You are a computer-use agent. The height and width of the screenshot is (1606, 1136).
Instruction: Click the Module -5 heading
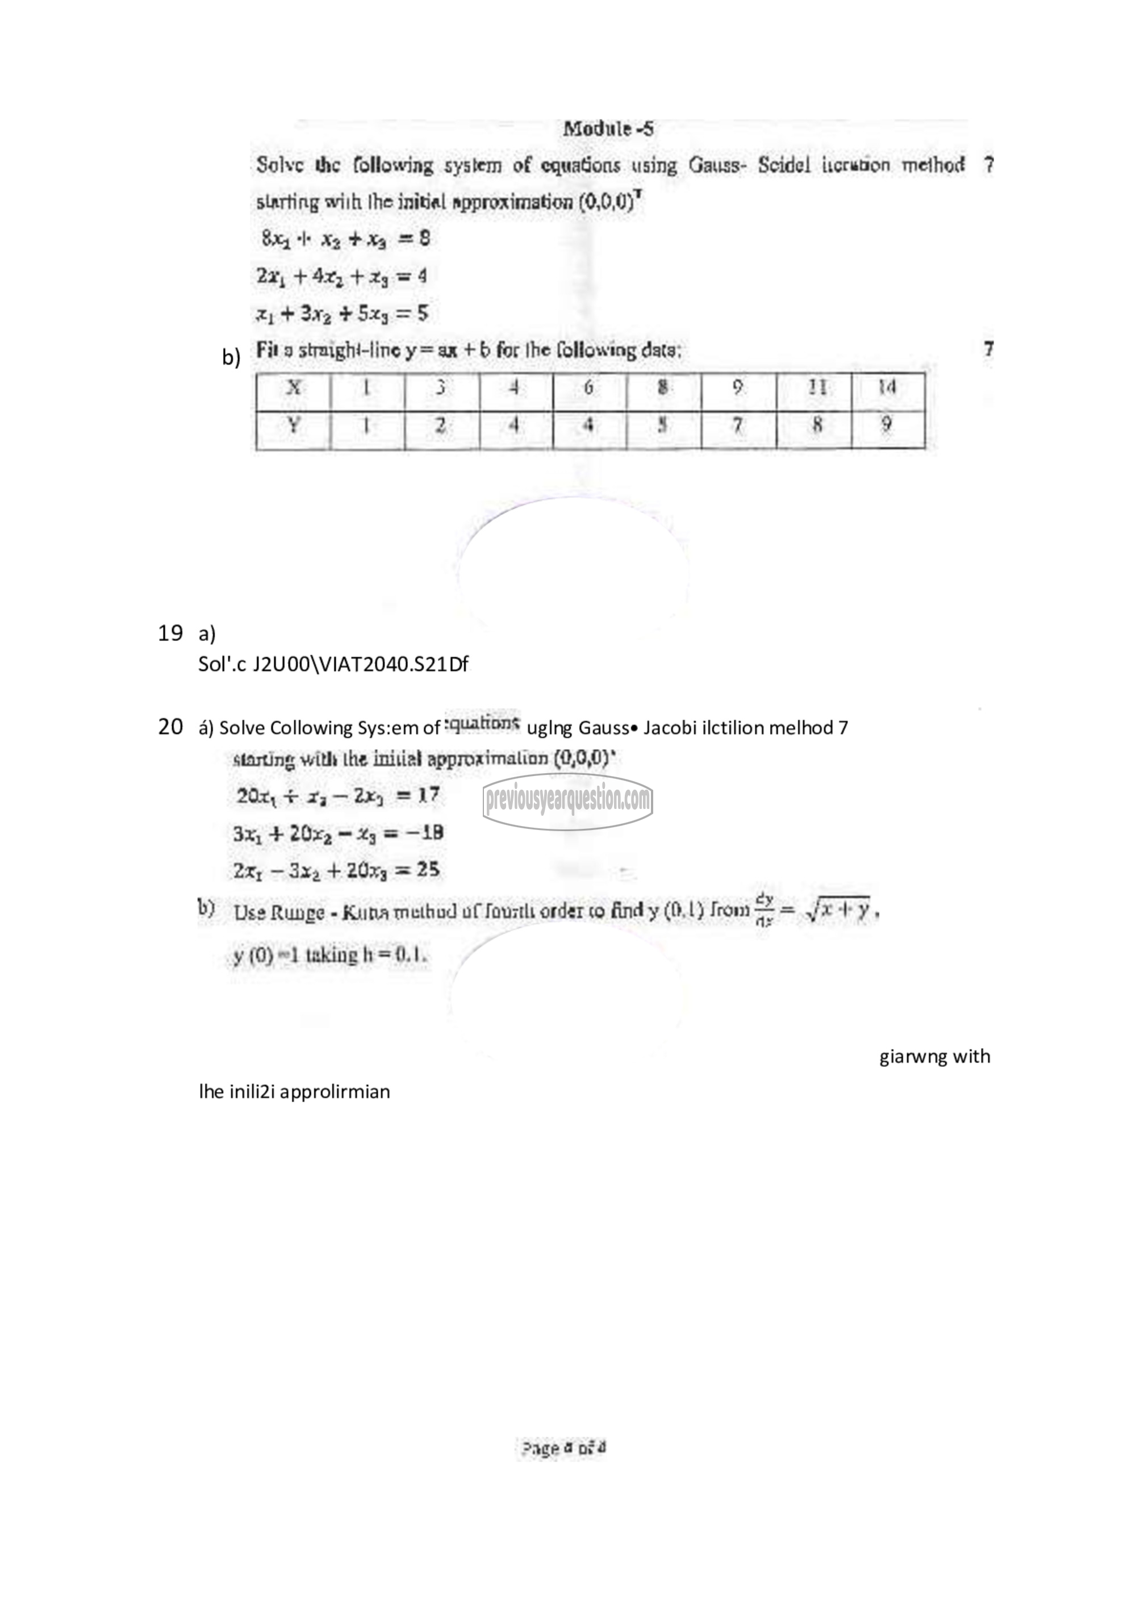point(608,129)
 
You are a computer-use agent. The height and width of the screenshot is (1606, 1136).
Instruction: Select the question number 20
point(170,728)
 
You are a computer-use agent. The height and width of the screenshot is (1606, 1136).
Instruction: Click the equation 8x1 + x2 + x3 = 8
point(345,239)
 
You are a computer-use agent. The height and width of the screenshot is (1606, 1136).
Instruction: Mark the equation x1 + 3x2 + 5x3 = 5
point(341,314)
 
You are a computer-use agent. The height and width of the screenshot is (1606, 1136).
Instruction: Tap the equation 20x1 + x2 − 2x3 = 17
point(337,795)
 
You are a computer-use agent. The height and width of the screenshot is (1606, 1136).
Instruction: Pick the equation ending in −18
point(339,833)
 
